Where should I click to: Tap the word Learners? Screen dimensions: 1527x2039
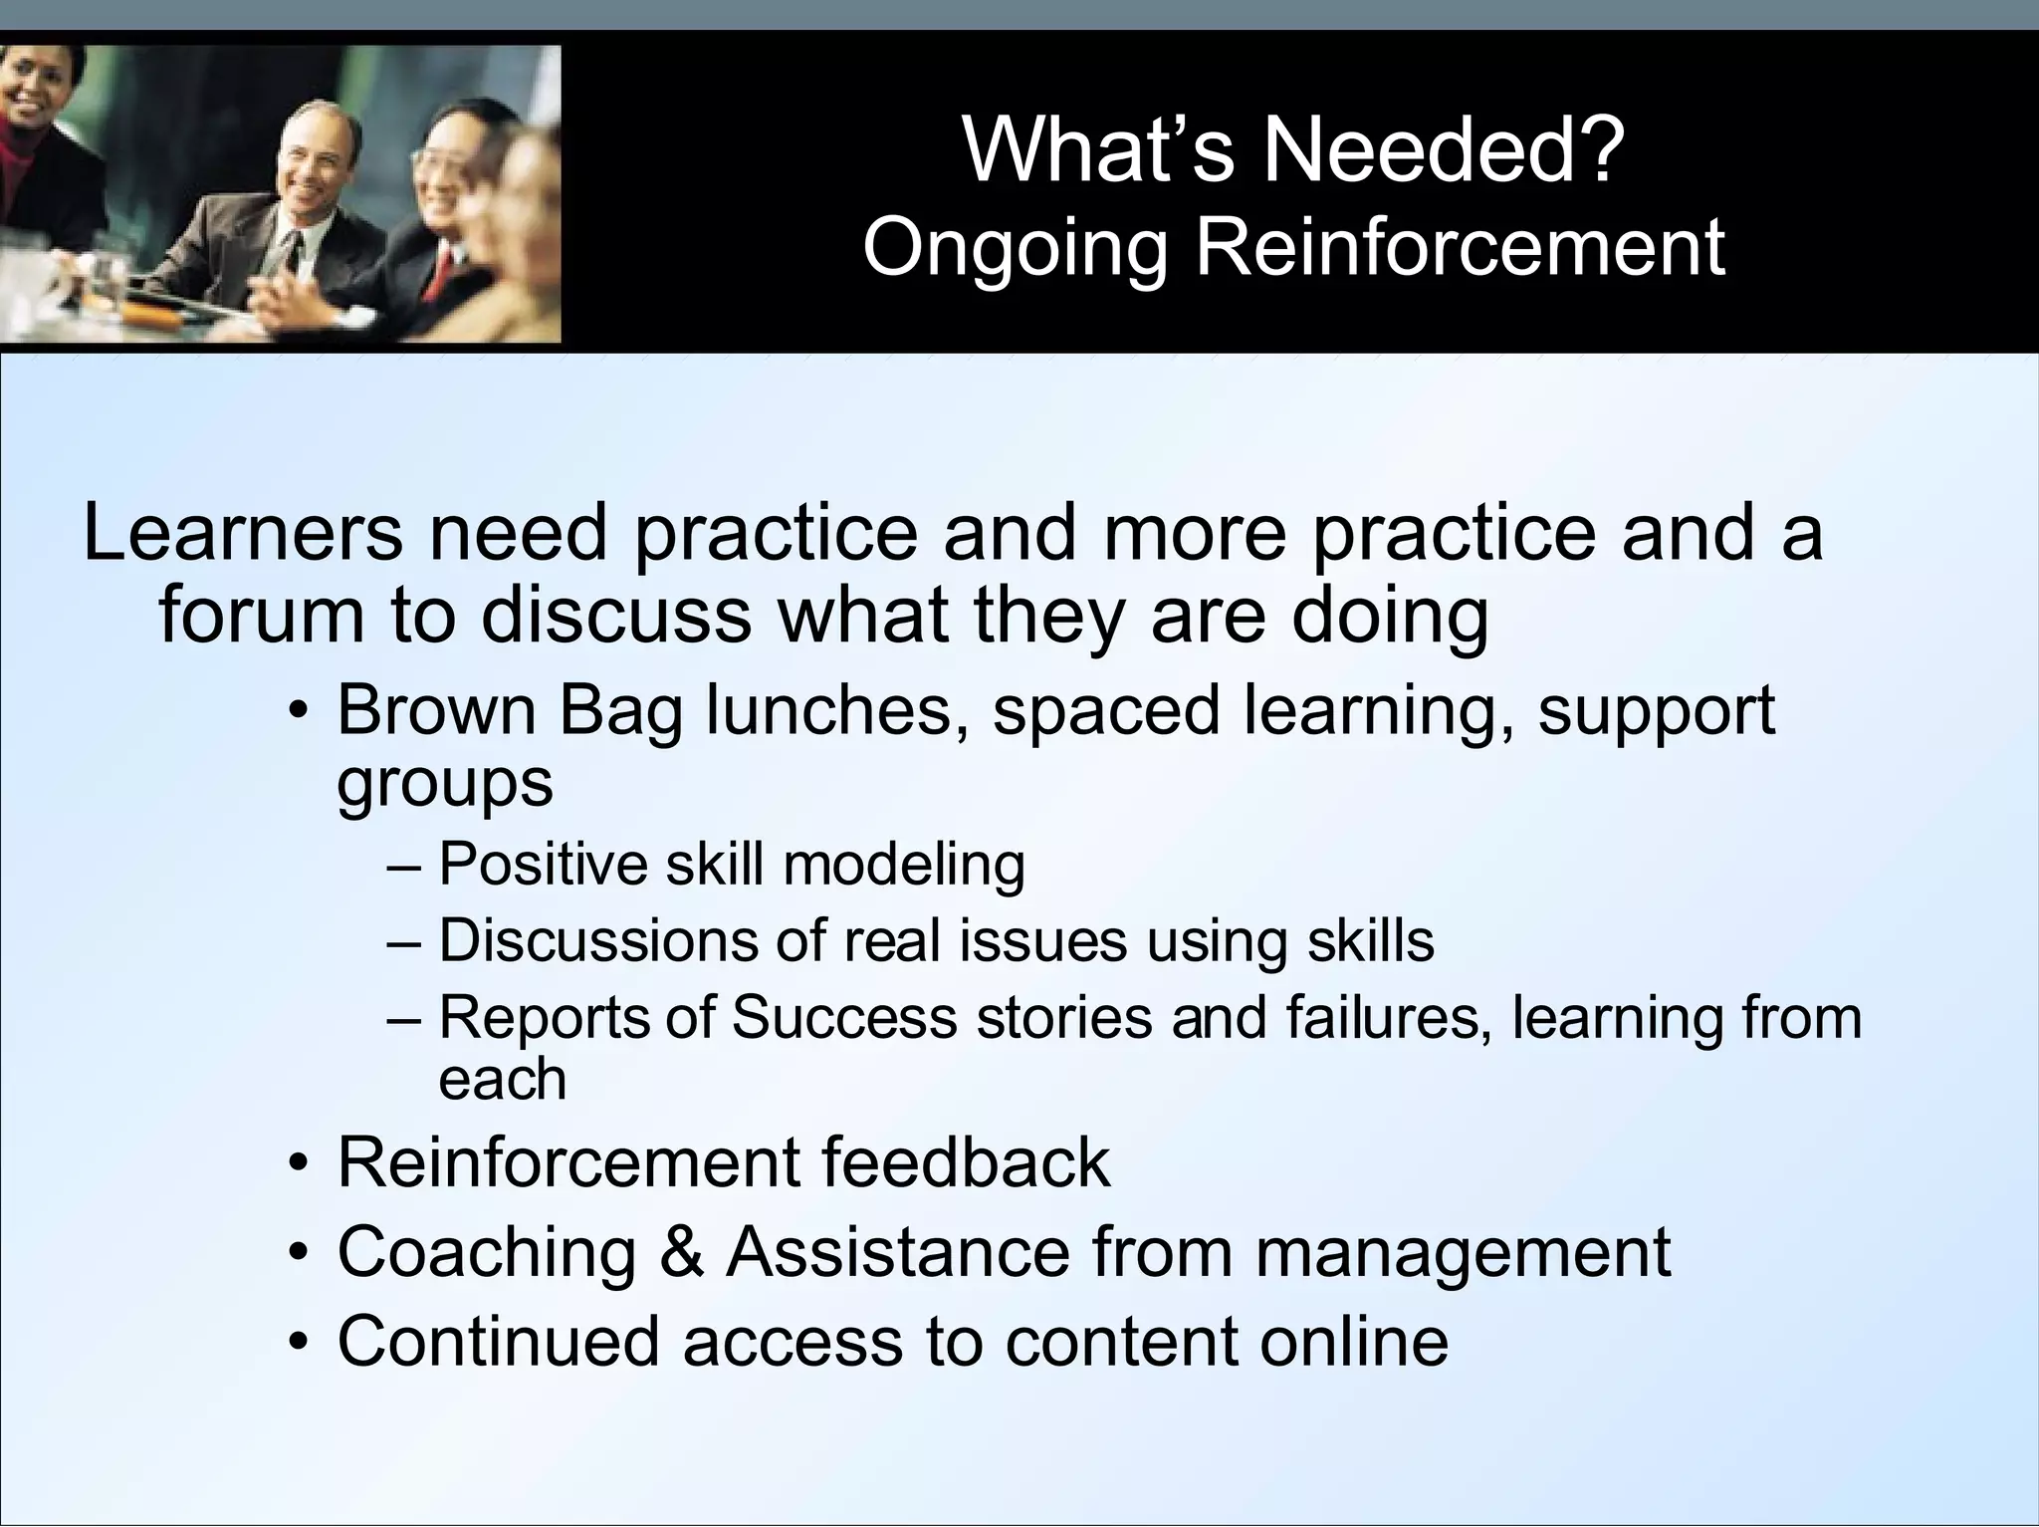[x=244, y=533]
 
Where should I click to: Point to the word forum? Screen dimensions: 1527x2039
[x=262, y=615]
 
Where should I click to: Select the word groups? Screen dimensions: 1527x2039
[x=444, y=784]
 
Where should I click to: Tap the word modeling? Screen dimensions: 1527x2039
[x=904, y=865]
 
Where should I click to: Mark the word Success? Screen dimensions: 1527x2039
[x=843, y=1017]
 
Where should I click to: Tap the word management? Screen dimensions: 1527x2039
[x=1464, y=1253]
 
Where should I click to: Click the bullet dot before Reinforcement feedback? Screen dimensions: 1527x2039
[x=297, y=1164]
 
